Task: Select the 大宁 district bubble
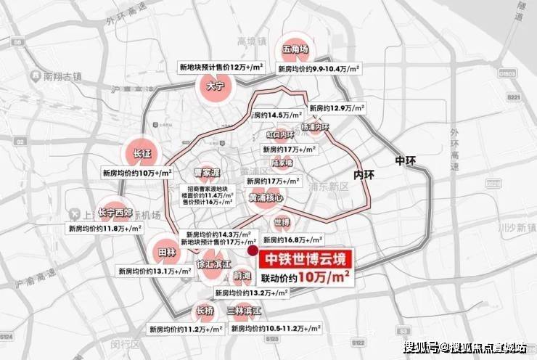point(213,86)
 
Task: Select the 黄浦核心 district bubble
point(266,197)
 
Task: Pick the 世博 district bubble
point(282,222)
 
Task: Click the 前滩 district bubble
point(242,276)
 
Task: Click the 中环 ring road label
point(402,160)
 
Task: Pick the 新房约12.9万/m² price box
point(336,107)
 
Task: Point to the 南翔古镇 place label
point(62,75)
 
